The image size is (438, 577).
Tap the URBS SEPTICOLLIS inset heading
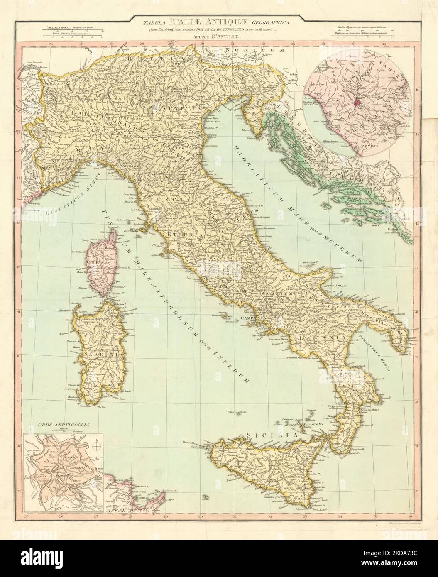tap(51, 425)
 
